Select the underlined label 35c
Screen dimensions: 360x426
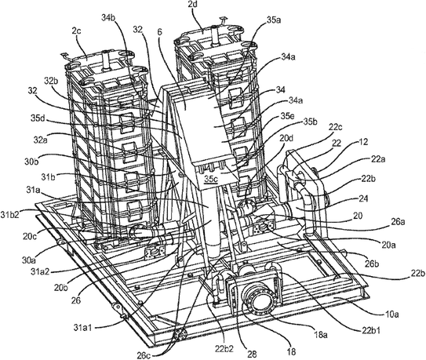coord(211,180)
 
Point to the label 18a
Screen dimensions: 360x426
coord(319,335)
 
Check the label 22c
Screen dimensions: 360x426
coord(335,127)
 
